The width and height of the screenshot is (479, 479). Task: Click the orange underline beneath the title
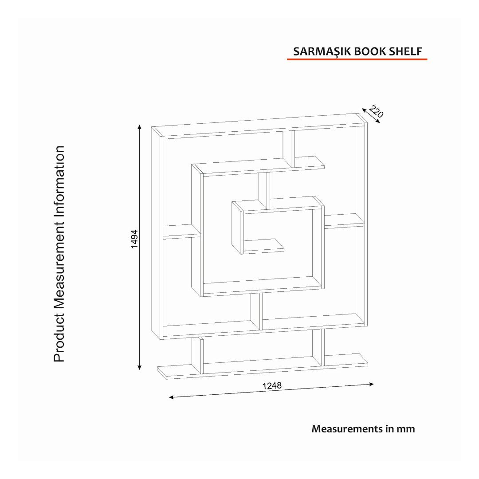(x=357, y=59)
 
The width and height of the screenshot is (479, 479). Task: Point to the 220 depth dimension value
(x=376, y=112)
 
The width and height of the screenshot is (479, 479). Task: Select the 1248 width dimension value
(x=272, y=385)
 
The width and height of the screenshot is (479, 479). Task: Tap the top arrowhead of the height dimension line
(x=140, y=127)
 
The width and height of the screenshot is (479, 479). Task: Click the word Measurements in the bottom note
(x=344, y=429)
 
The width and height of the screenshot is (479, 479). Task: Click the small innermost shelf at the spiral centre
(x=264, y=245)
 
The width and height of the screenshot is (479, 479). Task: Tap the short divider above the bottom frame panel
(x=256, y=312)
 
